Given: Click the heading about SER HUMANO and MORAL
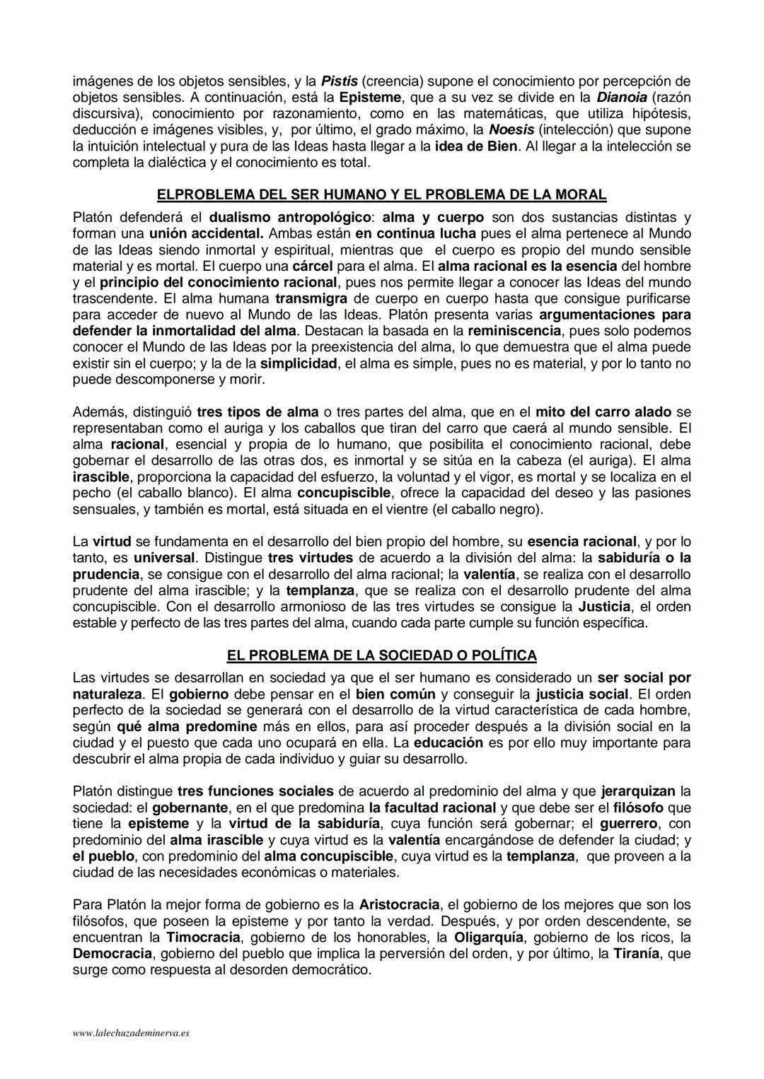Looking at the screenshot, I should click(381, 194).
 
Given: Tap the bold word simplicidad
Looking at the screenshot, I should click(299, 363).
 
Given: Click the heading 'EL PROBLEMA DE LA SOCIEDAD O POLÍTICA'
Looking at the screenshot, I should click(381, 655).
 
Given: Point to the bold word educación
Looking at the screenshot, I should click(448, 742).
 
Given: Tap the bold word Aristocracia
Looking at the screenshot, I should click(400, 905).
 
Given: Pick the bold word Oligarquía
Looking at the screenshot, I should click(489, 938).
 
